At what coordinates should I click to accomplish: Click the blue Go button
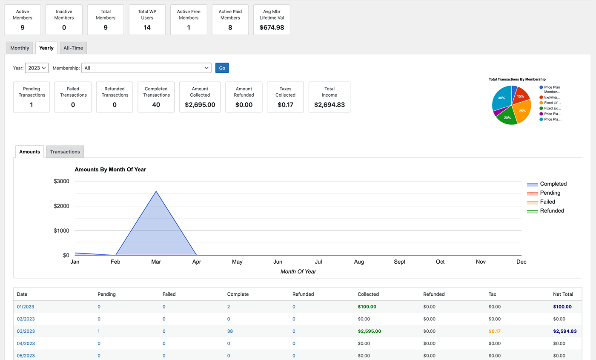pos(222,68)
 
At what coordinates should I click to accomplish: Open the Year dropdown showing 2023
pos(37,68)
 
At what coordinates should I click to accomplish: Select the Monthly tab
pos(20,48)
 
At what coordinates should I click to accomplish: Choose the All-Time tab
pos(73,48)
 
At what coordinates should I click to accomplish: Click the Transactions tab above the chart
pos(65,152)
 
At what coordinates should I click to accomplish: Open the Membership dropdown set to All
pos(146,68)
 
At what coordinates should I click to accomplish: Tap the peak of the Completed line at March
pos(156,191)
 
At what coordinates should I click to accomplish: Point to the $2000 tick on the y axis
pos(61,206)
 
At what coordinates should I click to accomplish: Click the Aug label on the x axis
pos(359,262)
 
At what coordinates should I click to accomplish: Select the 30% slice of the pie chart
pos(501,98)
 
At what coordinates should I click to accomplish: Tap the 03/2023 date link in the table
pos(26,331)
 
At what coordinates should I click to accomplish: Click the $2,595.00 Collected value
pos(370,331)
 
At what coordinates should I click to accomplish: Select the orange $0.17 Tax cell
pos(494,331)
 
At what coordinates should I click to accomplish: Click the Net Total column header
pos(563,294)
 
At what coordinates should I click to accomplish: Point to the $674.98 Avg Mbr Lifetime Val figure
pos(272,27)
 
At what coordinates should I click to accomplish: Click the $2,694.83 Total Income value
pos(330,105)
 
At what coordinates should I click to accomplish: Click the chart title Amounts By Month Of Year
pos(110,170)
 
